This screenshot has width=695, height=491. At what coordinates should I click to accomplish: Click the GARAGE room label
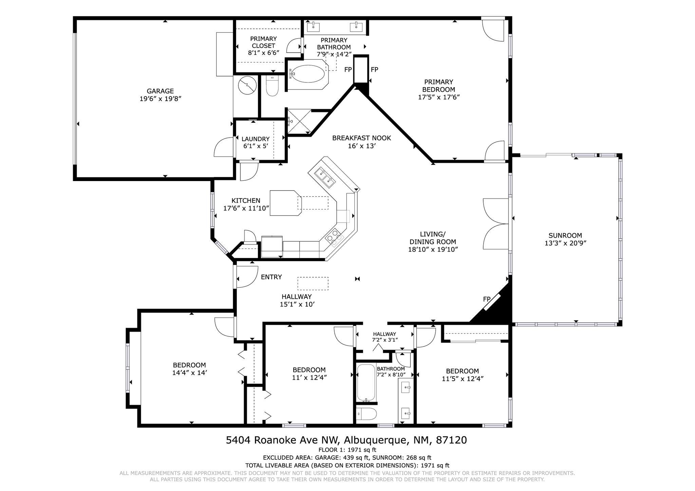pos(160,91)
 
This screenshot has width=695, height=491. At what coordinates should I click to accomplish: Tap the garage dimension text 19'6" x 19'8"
pos(160,99)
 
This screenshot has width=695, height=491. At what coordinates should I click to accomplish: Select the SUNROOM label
pos(565,235)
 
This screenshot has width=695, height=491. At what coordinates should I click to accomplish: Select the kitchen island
pos(285,203)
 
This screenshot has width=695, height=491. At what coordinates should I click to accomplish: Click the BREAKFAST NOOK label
pos(361,138)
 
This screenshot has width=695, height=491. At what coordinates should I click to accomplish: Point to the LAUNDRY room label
pos(256,139)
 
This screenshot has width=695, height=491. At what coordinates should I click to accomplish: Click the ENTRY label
pos(271,277)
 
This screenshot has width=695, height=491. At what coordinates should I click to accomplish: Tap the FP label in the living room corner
pos(487,299)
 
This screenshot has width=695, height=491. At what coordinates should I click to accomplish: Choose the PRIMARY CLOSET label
pos(264,42)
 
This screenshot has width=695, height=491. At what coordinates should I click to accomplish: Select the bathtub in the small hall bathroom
pos(366,382)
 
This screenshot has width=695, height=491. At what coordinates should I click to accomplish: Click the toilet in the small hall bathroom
pos(367,414)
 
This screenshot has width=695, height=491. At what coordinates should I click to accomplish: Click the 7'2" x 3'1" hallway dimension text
pos(384,339)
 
